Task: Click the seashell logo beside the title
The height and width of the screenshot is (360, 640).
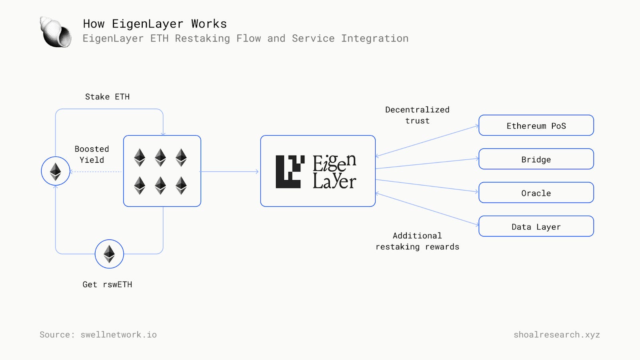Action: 56,32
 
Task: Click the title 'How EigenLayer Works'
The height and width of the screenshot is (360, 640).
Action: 155,24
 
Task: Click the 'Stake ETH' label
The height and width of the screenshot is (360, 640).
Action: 107,97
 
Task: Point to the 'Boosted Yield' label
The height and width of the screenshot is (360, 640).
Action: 92,154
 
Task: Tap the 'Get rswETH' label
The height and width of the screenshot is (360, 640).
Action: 107,284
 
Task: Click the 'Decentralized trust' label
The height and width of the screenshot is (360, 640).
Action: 417,115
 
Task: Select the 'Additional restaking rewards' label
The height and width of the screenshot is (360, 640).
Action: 417,241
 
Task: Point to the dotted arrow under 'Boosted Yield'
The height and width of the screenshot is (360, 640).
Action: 96,172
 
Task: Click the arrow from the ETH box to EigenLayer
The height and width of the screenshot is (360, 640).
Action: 230,172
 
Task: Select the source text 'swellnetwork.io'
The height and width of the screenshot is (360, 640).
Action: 118,334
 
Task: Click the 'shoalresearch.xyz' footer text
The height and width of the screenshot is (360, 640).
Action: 556,334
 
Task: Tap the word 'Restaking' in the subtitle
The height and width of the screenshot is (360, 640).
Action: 202,38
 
